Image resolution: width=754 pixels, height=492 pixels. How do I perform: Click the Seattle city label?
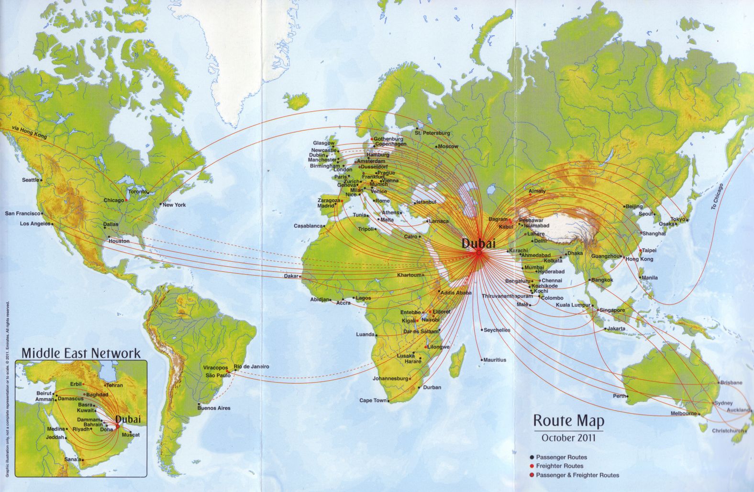pos(31,180)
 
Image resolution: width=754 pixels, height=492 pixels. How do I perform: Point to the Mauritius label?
pos(494,360)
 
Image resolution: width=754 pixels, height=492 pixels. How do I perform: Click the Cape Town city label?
pos(373,400)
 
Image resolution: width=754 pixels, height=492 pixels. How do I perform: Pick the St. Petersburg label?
pos(432,133)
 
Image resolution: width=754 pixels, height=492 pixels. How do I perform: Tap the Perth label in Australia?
pos(620,396)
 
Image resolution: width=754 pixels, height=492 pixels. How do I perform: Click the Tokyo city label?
pos(677,219)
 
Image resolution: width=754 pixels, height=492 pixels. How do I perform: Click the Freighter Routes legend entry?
pos(559,466)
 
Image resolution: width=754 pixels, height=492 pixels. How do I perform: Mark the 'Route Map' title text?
pos(568,421)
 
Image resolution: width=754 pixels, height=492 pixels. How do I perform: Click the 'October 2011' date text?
pos(568,437)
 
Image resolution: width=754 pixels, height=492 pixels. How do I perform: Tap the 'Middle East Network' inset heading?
pos(81,353)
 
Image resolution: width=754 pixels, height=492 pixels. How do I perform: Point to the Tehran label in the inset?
pos(114,385)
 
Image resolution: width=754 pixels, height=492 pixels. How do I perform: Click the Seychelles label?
pos(497,330)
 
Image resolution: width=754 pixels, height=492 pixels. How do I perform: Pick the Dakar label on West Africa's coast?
pos(290,276)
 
